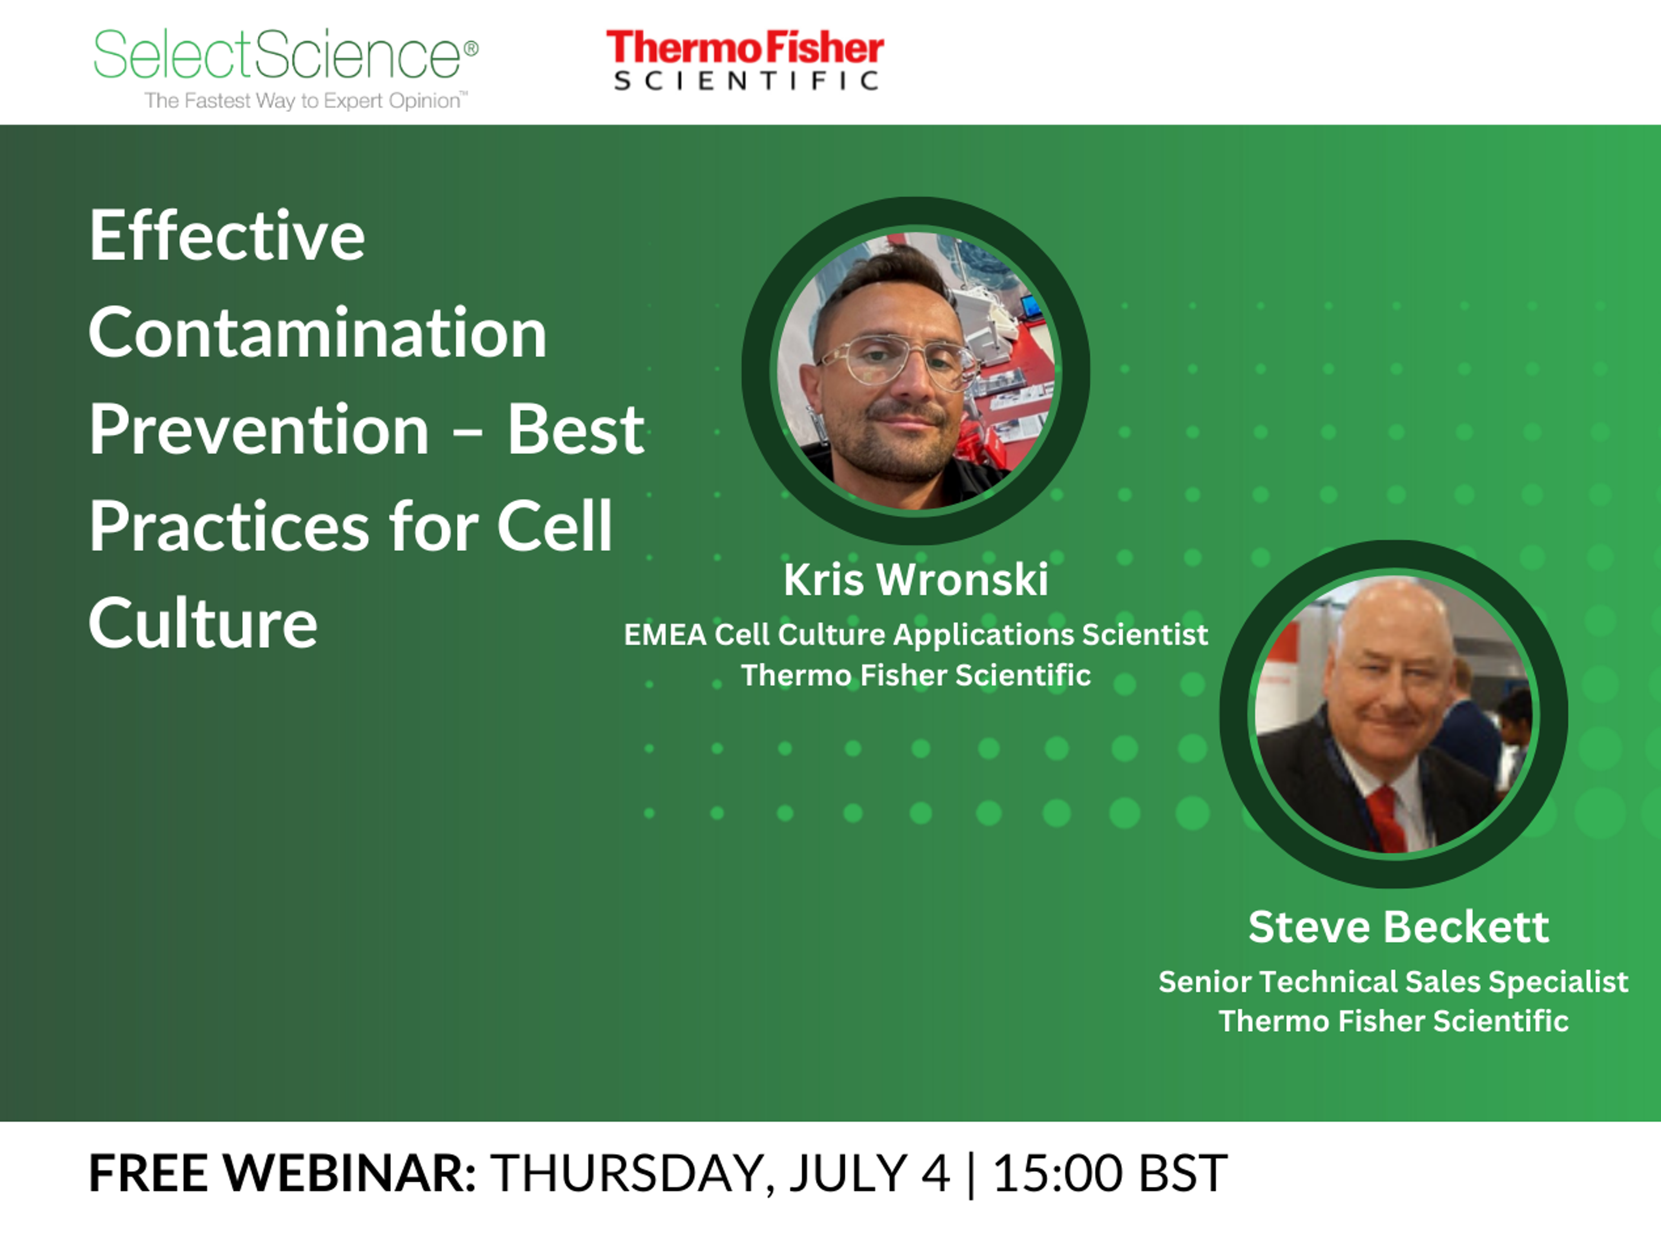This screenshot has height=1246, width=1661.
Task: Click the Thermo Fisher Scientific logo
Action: point(745,60)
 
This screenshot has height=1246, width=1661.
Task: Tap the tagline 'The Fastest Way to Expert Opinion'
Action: point(306,101)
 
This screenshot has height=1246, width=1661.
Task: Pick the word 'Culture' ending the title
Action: point(203,623)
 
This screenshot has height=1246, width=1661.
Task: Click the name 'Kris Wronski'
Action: point(915,580)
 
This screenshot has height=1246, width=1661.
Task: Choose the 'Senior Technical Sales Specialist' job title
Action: point(1393,982)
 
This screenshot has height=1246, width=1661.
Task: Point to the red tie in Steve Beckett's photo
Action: point(1385,819)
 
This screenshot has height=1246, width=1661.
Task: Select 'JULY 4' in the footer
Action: point(869,1173)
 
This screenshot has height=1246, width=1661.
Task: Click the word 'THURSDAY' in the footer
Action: point(627,1173)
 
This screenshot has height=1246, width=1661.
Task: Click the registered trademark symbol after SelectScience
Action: point(471,49)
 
